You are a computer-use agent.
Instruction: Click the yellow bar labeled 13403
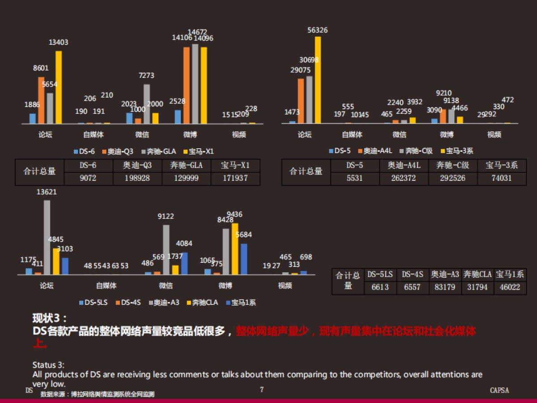point(59,87)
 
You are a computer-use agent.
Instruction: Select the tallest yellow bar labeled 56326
point(318,80)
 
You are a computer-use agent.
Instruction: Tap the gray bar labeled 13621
point(47,237)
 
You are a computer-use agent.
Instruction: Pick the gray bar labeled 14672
point(195,84)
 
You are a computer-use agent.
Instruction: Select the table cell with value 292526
point(452,178)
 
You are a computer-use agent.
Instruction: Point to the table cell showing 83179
point(445,287)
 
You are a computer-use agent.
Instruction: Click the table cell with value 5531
point(355,178)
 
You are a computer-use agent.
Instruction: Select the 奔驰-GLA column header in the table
point(187,165)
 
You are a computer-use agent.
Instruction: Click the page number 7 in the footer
point(262,390)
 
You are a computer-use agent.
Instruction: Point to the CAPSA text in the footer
point(499,390)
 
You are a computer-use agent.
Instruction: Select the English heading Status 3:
point(49,365)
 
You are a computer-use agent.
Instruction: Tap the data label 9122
point(166,216)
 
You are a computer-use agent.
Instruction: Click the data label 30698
point(309,60)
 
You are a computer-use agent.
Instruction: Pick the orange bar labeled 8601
point(41,100)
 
